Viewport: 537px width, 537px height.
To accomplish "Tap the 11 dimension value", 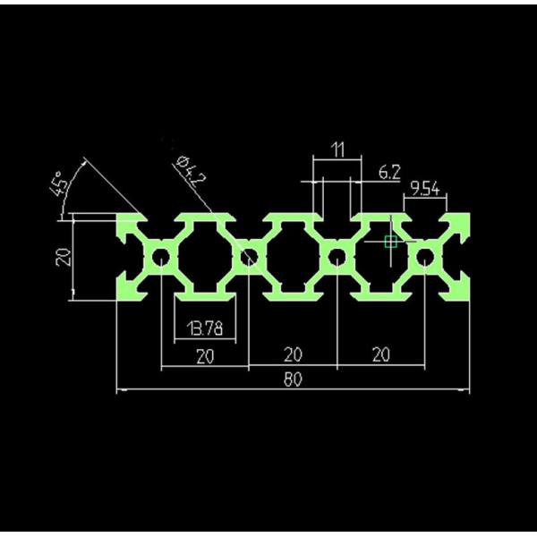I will pos(337,149).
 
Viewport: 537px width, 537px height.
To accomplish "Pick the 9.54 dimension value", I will pos(425,187).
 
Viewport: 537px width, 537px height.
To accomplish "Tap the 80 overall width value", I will pos(293,379).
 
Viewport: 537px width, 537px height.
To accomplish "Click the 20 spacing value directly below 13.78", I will pos(205,356).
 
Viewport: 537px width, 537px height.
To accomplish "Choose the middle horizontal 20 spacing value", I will pos(293,356).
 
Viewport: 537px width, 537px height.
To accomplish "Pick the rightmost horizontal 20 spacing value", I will pos(380,356).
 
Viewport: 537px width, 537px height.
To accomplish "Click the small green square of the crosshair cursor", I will pos(390,240).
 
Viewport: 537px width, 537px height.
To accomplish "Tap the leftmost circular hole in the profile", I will pos(161,259).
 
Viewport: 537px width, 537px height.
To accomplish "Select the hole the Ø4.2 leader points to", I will pos(249,259).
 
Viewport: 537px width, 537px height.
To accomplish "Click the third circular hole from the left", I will pos(337,259).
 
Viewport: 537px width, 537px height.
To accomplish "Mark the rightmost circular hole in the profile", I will pos(424,259).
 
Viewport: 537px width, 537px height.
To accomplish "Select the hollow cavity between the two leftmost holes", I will pos(205,259).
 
